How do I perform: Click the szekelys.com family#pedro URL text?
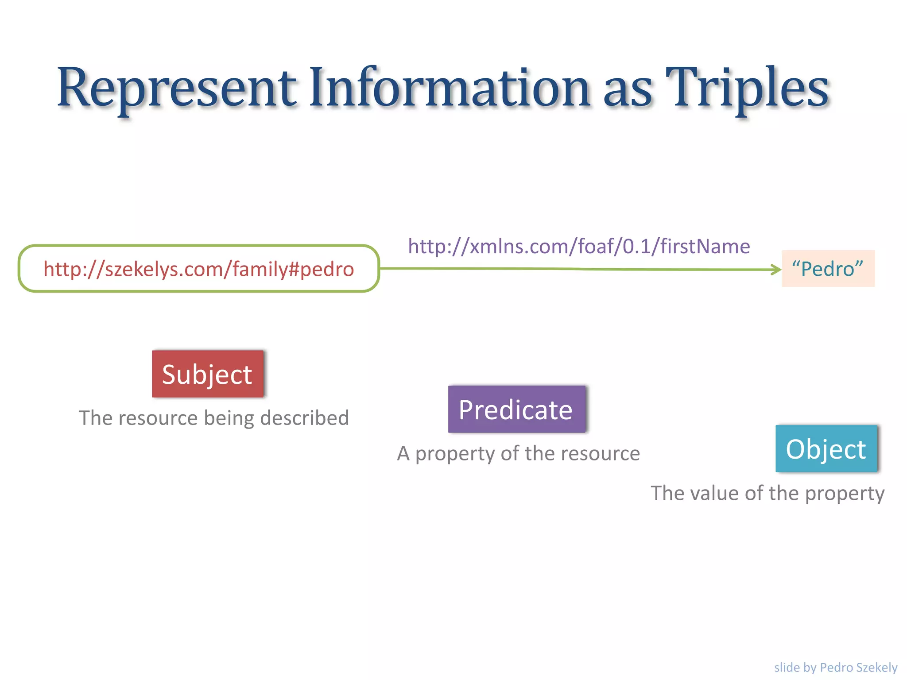(x=198, y=269)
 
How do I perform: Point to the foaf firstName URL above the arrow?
(x=579, y=246)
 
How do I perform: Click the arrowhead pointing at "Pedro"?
(x=776, y=269)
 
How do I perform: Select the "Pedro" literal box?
(x=828, y=269)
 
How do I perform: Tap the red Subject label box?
(x=207, y=374)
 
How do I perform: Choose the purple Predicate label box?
(x=516, y=410)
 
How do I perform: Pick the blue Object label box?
(x=826, y=449)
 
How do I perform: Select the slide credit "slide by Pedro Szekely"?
(x=835, y=667)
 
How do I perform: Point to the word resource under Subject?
(x=158, y=418)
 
